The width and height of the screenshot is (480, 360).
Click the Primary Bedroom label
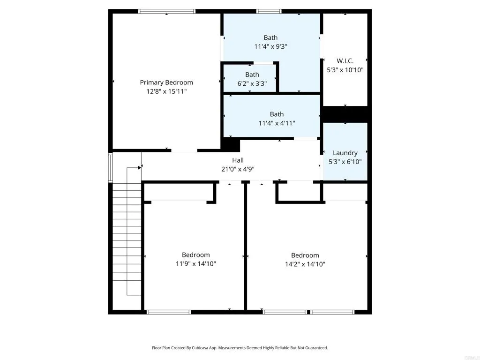[x=166, y=82]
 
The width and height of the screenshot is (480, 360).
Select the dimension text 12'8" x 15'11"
[x=166, y=91]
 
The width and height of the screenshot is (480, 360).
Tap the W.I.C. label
[x=345, y=61]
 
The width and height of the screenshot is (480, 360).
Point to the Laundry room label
[x=345, y=153]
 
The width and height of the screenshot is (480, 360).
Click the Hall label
[x=238, y=160]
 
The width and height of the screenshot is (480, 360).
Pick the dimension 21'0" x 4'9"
[x=238, y=169]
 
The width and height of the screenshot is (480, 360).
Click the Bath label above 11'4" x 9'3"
[x=270, y=37]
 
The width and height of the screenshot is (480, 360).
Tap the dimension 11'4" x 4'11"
[x=277, y=123]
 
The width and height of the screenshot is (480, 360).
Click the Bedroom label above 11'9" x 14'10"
[x=196, y=255]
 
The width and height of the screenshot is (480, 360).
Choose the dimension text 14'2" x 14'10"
[x=305, y=264]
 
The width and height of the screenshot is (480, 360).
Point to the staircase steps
[x=127, y=239]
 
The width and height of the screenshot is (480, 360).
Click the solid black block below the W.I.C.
[x=345, y=114]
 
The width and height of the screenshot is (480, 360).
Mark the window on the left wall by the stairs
[x=111, y=167]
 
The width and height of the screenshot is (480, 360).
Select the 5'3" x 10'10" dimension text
[x=345, y=70]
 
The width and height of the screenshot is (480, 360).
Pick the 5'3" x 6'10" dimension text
[x=345, y=162]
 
